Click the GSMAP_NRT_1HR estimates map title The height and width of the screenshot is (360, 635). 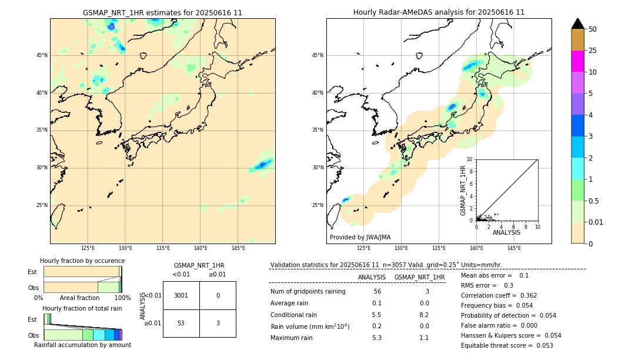tap(162, 12)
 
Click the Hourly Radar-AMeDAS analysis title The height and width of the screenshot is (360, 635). tap(439, 12)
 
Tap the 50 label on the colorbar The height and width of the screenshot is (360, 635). tap(593, 29)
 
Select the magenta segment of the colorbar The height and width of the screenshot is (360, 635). tap(577, 61)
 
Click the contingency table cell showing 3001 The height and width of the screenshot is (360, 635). tap(181, 295)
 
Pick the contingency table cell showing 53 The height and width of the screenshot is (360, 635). tap(181, 323)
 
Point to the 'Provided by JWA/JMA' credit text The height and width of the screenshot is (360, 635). tap(360, 237)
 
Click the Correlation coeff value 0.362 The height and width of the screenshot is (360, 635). tap(524, 295)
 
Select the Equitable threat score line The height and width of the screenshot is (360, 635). tap(507, 345)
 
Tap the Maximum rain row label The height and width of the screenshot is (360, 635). tap(292, 338)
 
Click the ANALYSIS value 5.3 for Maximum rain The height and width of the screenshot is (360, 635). tap(377, 338)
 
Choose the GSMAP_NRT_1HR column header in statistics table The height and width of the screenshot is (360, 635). tap(419, 277)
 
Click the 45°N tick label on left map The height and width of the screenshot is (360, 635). tap(42, 55)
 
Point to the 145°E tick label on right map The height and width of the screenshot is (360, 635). tap(514, 248)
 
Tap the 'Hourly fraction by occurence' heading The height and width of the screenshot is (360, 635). tap(82, 261)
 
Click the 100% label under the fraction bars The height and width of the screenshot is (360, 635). tap(122, 298)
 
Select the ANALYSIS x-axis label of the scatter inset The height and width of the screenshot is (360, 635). tap(506, 232)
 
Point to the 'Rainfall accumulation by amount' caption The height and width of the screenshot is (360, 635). tap(82, 345)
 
